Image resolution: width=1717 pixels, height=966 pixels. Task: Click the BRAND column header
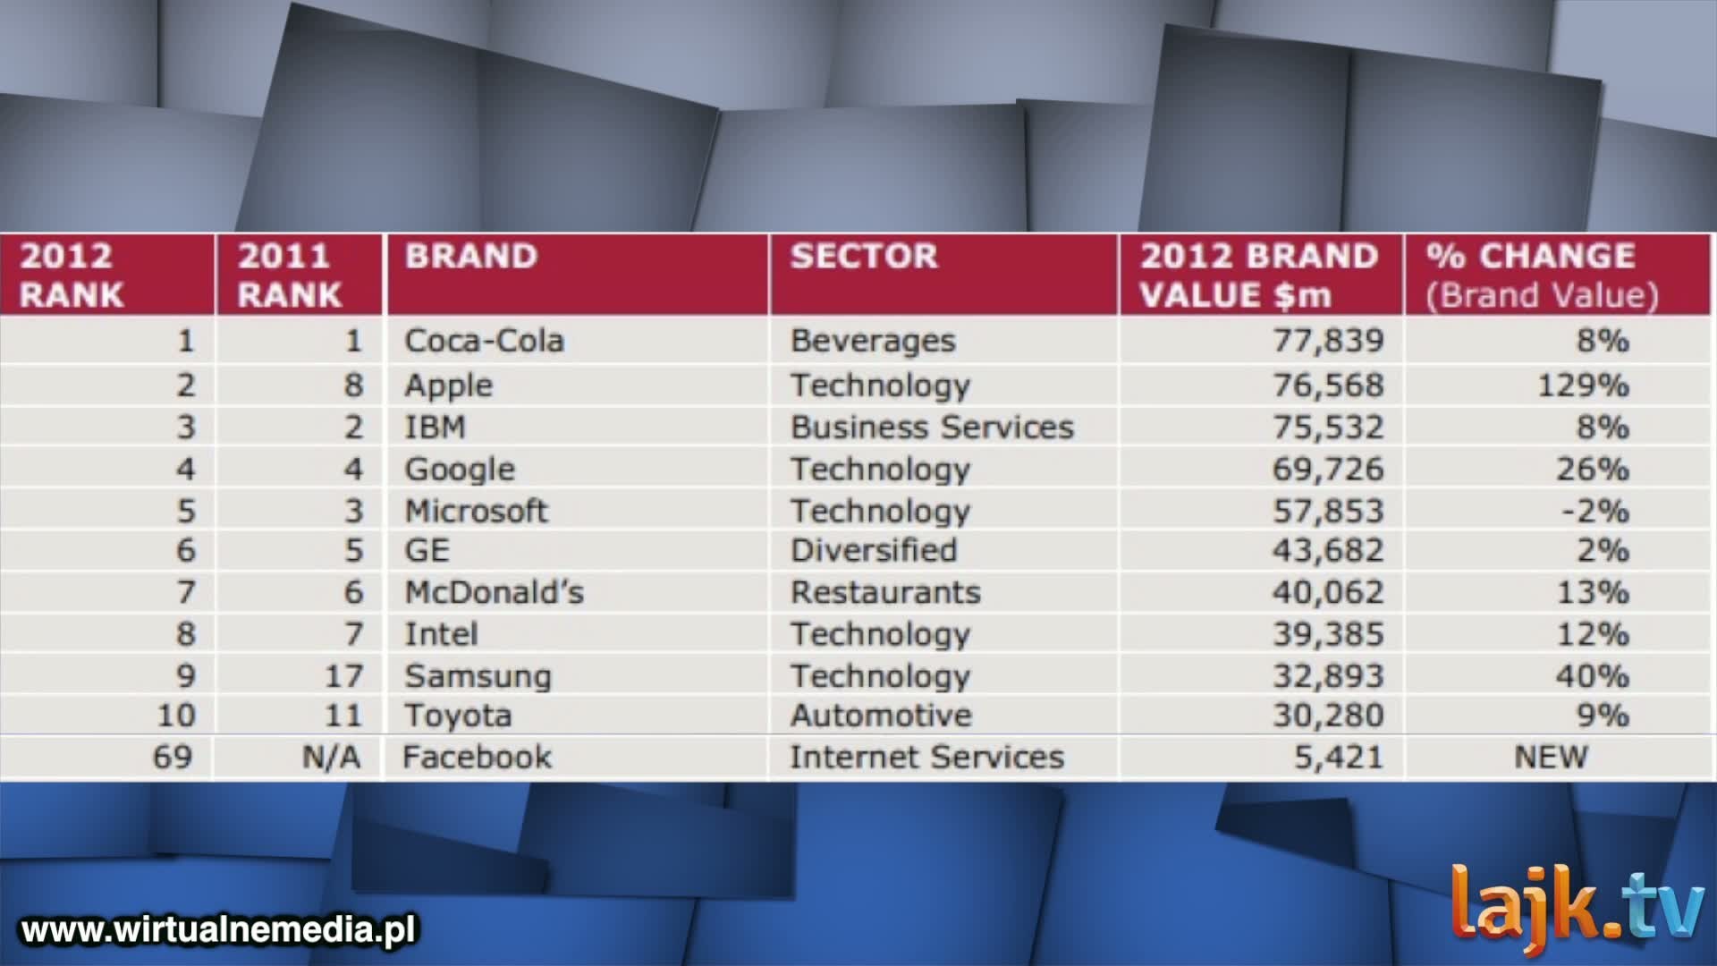coord(471,256)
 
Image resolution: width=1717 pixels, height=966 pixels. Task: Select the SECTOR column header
coord(864,256)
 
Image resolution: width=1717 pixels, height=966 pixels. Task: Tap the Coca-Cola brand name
coord(484,341)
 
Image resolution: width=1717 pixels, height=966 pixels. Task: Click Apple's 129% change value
coord(1583,386)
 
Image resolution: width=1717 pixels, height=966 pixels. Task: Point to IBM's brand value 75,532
coord(1328,428)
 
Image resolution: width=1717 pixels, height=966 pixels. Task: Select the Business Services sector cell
coord(932,428)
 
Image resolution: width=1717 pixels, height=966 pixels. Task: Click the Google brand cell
coord(460,470)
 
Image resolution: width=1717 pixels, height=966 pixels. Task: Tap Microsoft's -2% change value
coord(1594,512)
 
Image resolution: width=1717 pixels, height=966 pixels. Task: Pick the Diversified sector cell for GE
coord(874,550)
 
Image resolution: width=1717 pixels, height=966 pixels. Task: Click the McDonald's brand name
coord(494,592)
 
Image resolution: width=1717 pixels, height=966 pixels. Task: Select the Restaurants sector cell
coord(885,592)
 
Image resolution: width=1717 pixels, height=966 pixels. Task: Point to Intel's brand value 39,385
coord(1328,634)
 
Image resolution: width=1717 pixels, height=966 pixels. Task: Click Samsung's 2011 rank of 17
coord(343,676)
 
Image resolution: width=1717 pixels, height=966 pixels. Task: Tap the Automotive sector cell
coord(881,716)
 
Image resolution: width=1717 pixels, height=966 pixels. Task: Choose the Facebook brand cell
coord(477,758)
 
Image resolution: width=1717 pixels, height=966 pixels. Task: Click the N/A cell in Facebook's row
coord(331,758)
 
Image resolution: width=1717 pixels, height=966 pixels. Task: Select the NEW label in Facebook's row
coord(1551,758)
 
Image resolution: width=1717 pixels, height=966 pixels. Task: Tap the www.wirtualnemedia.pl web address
coord(218,929)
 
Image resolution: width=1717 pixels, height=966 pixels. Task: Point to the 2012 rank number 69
coord(173,758)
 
